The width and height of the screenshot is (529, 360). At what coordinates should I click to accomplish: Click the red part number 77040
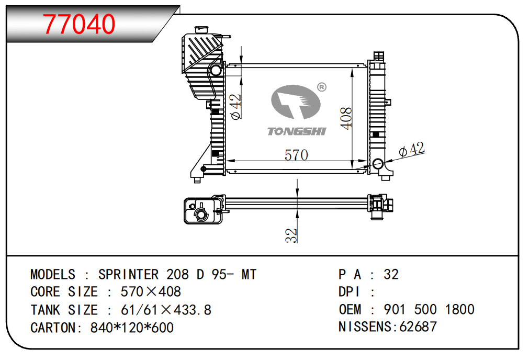pos(79,24)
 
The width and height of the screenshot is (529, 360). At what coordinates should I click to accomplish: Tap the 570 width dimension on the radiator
pos(296,155)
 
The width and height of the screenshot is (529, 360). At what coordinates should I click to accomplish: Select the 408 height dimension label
pos(345,118)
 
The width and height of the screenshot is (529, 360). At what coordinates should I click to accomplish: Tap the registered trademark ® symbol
pos(321,87)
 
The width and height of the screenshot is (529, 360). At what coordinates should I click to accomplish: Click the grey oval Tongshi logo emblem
pos(295,103)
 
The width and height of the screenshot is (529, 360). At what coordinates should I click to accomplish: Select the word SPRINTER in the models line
pos(128,274)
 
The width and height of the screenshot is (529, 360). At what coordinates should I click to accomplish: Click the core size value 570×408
pos(151,292)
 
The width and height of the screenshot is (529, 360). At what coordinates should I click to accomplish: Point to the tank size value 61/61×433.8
pos(166,310)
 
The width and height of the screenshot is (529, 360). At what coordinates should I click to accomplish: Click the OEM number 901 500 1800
pos(429,309)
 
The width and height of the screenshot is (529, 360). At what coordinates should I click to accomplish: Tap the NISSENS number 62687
pos(418,327)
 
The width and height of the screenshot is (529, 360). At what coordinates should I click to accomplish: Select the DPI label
pos(350,292)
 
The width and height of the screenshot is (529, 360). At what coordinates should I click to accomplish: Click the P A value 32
pos(391,274)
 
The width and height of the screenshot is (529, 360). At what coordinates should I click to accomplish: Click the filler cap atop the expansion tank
pos(201,29)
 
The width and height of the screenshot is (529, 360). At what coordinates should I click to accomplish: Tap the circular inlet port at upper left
pos(215,70)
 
